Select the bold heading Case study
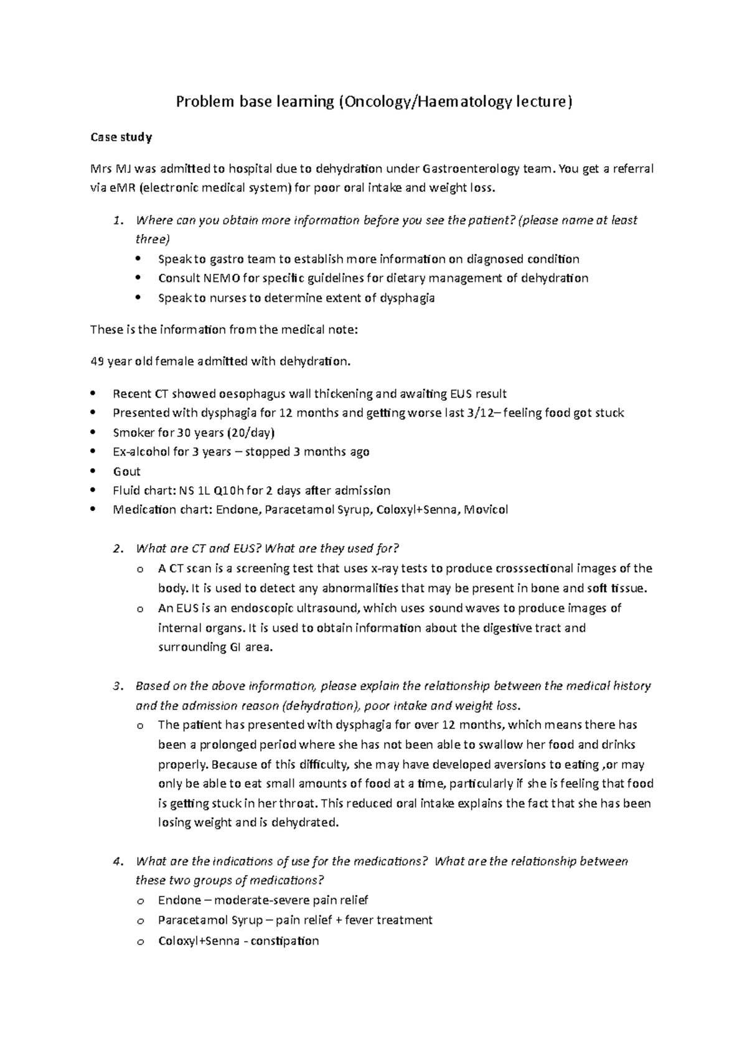(121, 137)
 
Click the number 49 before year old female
(97, 361)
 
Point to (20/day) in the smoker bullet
(251, 433)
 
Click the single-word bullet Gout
(126, 471)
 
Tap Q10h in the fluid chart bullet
(224, 491)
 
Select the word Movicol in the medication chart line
(485, 510)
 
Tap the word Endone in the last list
(179, 900)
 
